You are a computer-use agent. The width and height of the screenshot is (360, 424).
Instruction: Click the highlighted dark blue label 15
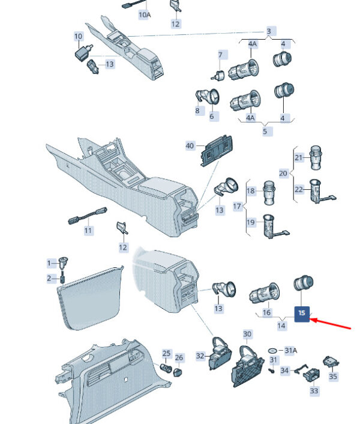[302, 313]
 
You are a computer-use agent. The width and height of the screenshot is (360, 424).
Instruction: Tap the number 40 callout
[190, 146]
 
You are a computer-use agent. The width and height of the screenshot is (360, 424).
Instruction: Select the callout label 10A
[145, 14]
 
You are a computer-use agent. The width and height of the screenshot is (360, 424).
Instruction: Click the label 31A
[290, 350]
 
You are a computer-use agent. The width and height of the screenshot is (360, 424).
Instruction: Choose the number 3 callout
[268, 31]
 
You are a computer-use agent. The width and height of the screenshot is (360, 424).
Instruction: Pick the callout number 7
[220, 55]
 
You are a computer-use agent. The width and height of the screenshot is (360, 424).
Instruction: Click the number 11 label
[88, 230]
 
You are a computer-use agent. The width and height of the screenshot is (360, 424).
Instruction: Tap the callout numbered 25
[167, 354]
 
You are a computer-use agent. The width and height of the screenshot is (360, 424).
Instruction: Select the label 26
[179, 358]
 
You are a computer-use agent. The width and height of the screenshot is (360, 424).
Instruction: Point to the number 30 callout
[247, 334]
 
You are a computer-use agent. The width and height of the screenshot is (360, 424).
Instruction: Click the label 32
[200, 356]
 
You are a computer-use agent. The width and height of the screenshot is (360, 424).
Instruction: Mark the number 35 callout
[333, 377]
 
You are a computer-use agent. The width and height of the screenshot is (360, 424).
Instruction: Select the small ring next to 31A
[273, 350]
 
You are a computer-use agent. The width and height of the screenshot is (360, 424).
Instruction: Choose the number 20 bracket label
[283, 173]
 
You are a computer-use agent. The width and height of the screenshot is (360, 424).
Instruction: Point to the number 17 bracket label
[237, 206]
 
